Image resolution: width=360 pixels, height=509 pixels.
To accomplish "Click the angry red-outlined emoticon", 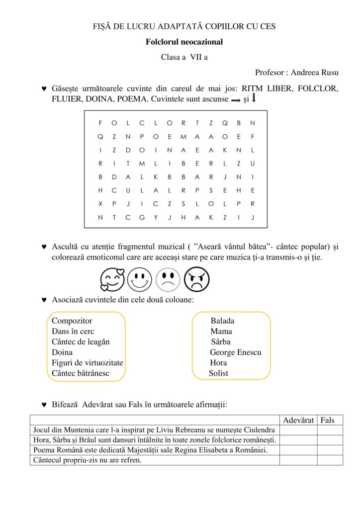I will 197,280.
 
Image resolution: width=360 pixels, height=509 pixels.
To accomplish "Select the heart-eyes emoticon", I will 112,280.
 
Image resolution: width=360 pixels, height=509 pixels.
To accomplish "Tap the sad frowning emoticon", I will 168,280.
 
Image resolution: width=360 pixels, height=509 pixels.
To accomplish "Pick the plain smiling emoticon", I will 140,280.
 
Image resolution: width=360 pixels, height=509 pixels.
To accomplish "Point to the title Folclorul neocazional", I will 184,42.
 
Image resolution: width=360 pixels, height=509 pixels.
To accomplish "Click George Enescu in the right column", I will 235,352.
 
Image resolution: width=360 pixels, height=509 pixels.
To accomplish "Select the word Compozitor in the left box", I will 72,321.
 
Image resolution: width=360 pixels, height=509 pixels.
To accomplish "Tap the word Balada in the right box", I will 222,321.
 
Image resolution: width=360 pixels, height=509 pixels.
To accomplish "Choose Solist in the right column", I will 219,373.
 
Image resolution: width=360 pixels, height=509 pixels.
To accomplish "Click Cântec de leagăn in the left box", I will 81,342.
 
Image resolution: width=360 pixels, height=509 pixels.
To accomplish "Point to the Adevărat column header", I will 298,421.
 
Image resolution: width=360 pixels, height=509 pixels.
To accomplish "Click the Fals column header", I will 328,421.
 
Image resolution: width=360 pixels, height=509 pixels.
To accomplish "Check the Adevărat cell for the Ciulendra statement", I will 298,430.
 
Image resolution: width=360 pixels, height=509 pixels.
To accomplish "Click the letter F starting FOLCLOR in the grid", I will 100,123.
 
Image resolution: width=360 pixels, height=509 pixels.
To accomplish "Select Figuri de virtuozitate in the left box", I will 88,363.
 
